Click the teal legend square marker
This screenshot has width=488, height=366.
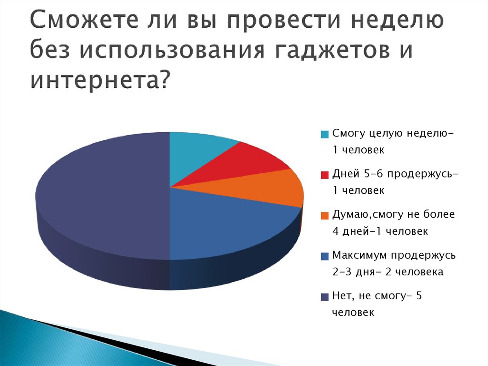325,134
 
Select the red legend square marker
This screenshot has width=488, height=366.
325,175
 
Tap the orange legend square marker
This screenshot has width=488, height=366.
325,215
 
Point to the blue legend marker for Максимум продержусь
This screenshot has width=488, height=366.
325,256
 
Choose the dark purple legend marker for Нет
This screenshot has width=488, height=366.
325,297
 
